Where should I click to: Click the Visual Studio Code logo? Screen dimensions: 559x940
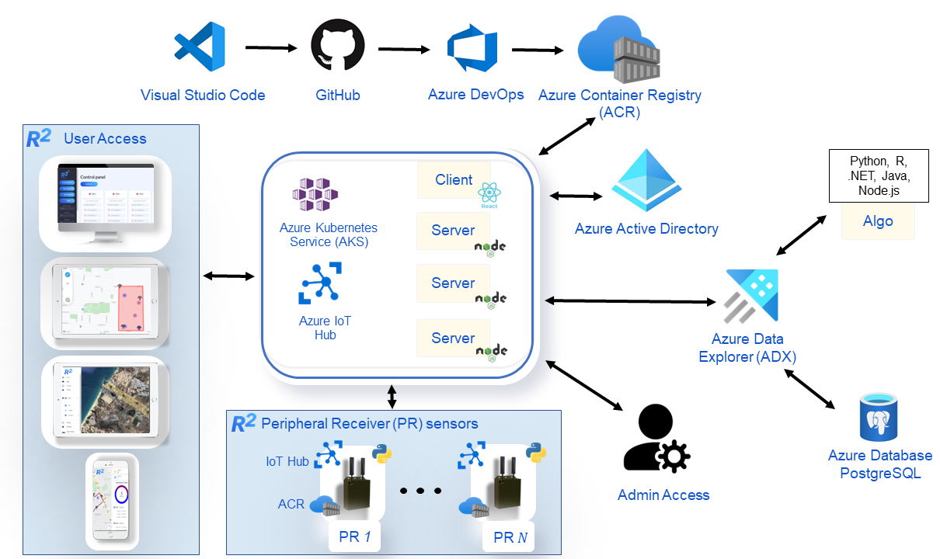[200, 47]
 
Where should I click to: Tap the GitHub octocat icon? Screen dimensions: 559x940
[337, 47]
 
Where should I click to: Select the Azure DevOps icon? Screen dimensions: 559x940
[472, 48]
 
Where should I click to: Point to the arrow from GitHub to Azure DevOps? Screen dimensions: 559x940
[404, 49]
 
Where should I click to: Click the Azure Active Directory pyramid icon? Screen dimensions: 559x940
[646, 183]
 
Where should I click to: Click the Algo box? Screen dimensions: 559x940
[878, 221]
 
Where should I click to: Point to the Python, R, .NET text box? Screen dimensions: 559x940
[879, 175]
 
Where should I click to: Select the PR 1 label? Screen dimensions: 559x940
[354, 536]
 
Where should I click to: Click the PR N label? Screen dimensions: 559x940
[510, 536]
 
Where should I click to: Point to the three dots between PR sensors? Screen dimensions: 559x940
[420, 491]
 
